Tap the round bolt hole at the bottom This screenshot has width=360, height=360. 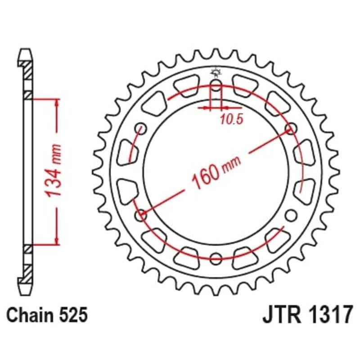coord(216,258)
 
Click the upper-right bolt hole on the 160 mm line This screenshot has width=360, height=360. coord(291,130)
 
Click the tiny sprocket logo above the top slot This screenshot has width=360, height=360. coord(216,72)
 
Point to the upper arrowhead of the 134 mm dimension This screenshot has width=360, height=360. coord(57,102)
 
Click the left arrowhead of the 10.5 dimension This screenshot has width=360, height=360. coord(208,108)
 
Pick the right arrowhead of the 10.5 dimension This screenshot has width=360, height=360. coord(224,108)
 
